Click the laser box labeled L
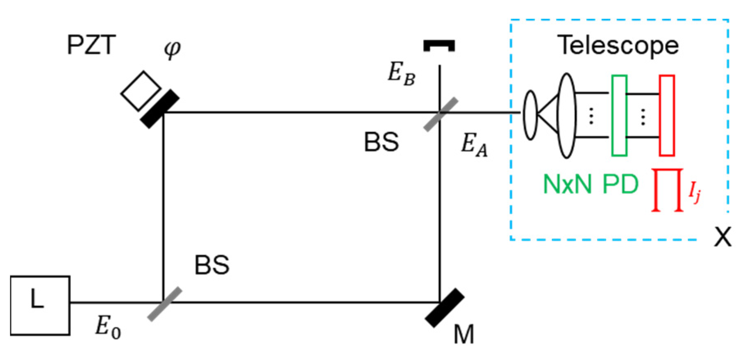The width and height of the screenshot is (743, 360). point(40,305)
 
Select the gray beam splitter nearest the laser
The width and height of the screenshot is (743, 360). point(164,304)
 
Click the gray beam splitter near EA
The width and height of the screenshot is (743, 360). point(441,114)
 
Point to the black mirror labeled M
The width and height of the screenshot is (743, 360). point(445,308)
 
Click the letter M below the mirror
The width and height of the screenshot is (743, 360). point(464,334)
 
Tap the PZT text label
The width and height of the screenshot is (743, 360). point(91,45)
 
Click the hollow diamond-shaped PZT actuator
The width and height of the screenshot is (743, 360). point(141,91)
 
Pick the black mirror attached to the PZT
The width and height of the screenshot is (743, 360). point(160,109)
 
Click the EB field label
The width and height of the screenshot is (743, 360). point(401,74)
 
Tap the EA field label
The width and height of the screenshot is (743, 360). point(474,145)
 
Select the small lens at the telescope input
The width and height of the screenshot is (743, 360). point(530,115)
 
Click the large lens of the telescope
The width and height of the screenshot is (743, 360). point(567,116)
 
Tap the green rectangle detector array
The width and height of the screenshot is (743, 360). point(619,116)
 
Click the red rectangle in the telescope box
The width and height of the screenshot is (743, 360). point(667,116)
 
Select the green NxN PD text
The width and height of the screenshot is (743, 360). point(590,185)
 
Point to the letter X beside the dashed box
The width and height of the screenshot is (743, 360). point(723,237)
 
